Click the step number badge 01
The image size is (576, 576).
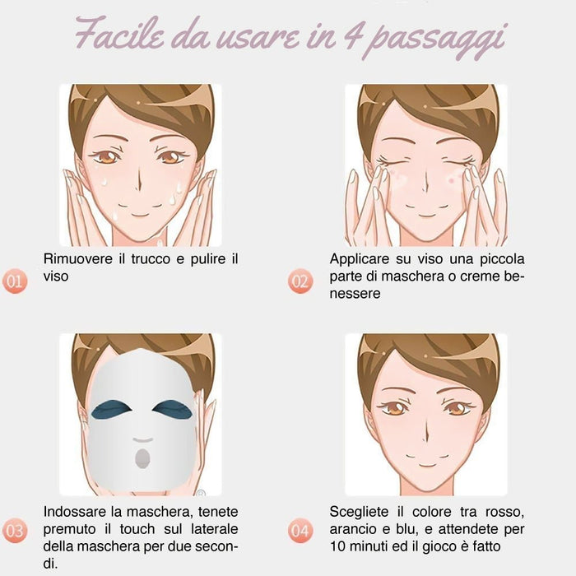tap(15, 281)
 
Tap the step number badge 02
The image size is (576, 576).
tap(301, 281)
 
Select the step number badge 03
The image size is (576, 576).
tap(15, 532)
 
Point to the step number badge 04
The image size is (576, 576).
tap(301, 532)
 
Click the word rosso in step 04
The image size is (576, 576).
tap(502, 510)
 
